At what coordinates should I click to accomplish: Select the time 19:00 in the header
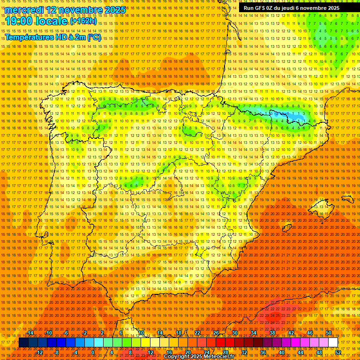point(18,21)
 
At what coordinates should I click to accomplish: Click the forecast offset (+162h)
point(83,21)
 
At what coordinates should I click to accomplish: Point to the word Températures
point(29,37)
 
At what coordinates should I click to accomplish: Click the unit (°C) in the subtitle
point(94,37)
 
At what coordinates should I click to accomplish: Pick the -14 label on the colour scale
point(30,333)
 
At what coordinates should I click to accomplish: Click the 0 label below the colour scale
point(93,352)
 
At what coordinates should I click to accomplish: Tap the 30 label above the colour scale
point(234,333)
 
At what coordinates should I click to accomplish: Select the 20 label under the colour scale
point(188,352)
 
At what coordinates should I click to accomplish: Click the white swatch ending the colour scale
point(333,343)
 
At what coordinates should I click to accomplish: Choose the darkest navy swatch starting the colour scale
point(23,343)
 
